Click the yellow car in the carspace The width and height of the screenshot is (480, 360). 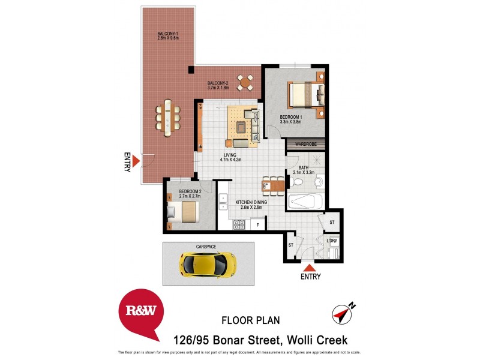click(x=207, y=263)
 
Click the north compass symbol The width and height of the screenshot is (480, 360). click(x=343, y=312)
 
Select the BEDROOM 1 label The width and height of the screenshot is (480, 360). click(x=290, y=118)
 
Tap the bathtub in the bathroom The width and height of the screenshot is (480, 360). click(x=306, y=201)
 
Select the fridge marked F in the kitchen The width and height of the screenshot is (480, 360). click(x=258, y=225)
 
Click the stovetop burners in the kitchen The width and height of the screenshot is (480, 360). click(x=239, y=225)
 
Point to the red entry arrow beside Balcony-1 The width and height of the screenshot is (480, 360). click(x=136, y=161)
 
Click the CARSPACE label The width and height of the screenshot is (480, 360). click(x=208, y=246)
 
